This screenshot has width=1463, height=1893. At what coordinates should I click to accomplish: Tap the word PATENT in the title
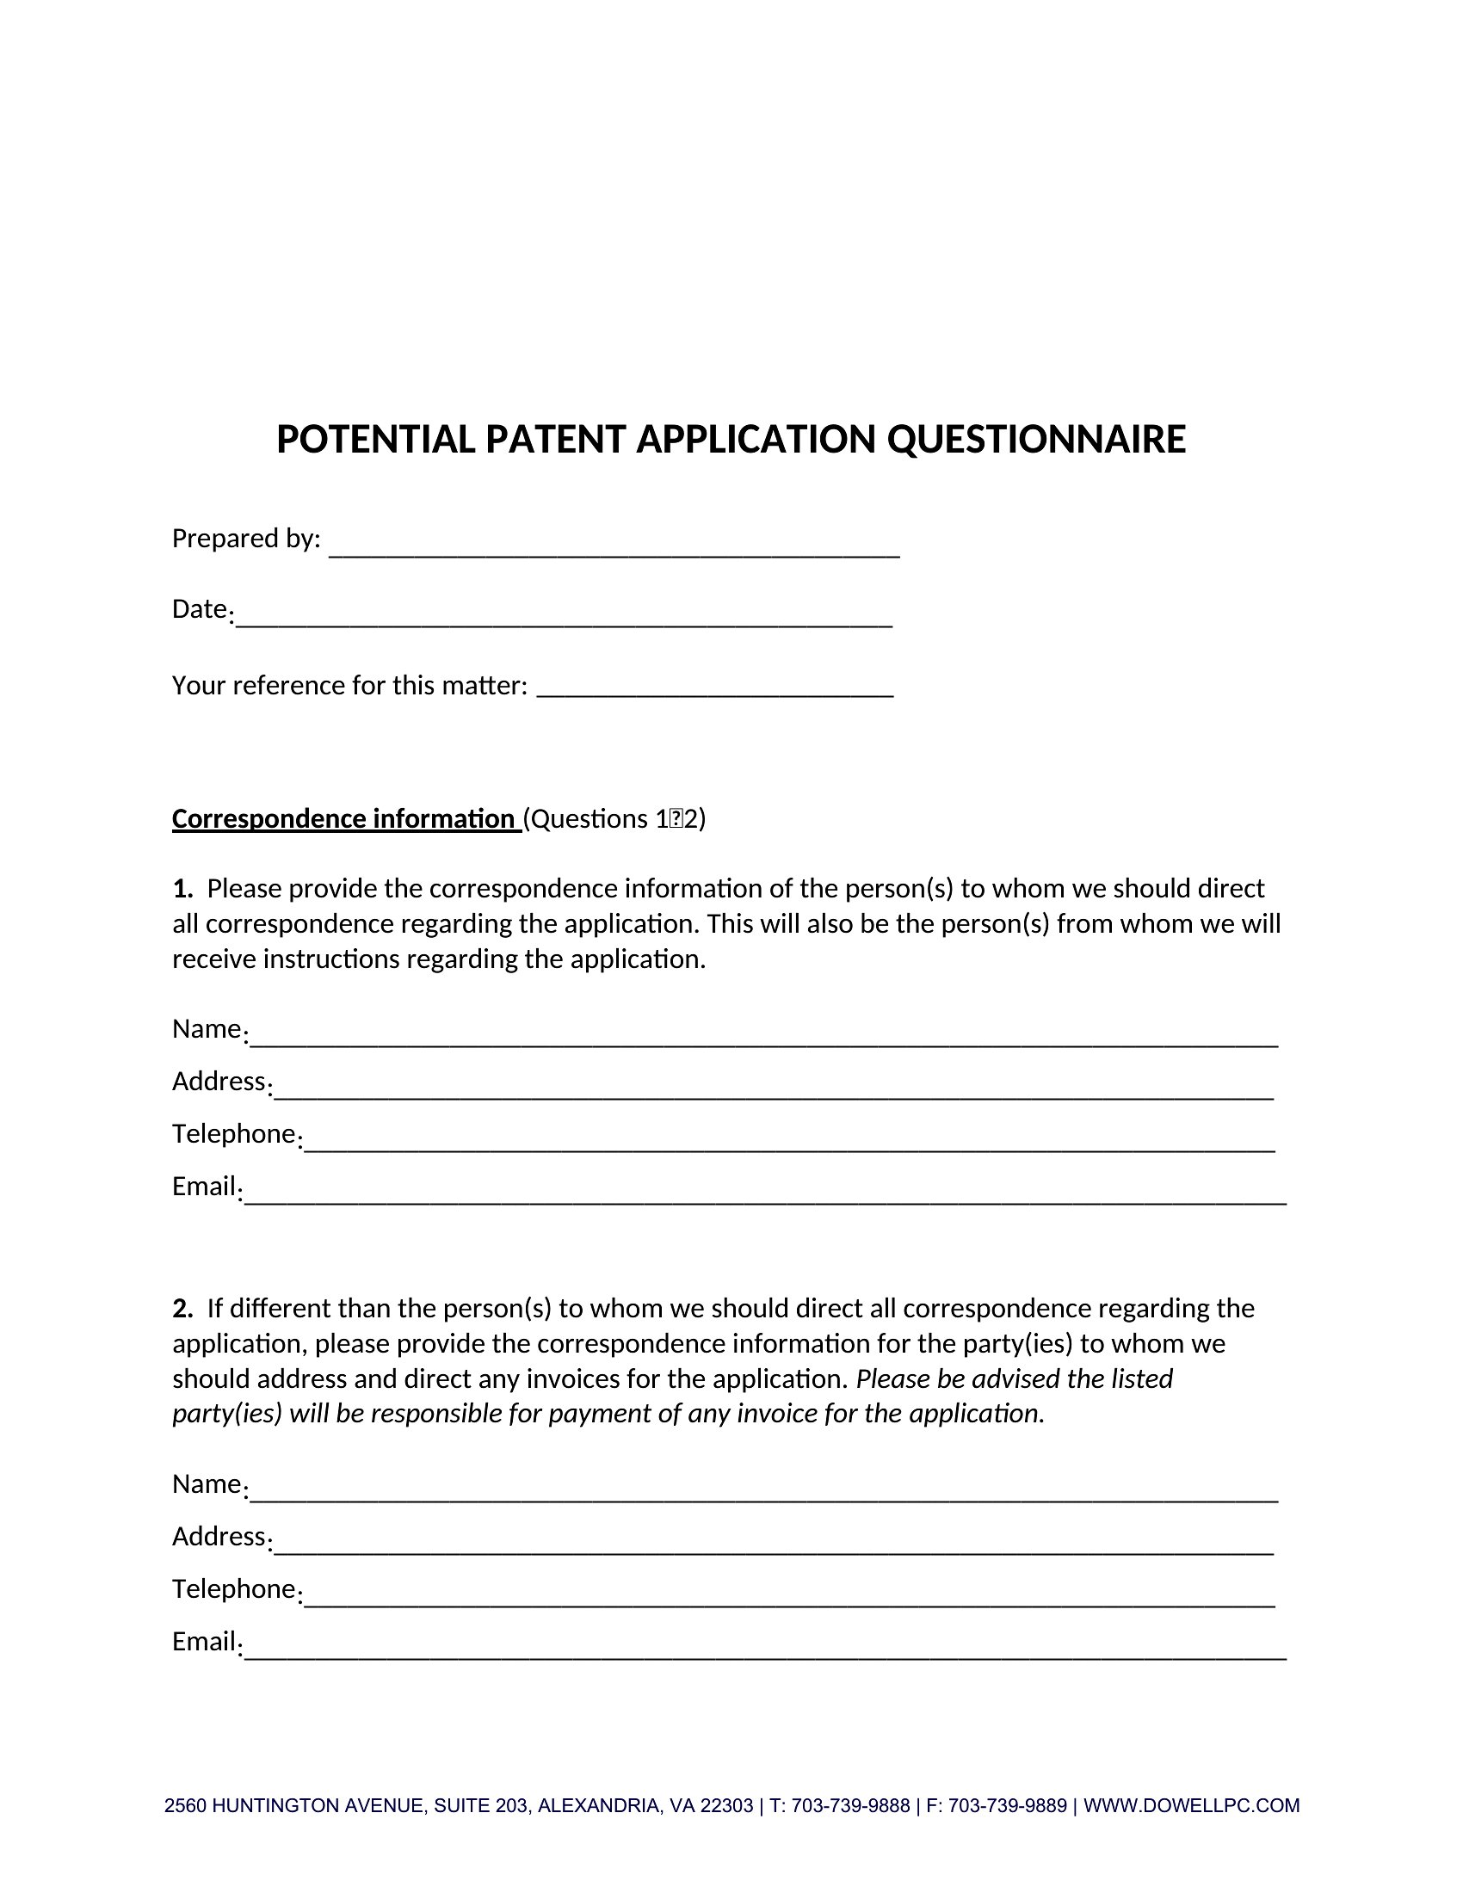click(555, 440)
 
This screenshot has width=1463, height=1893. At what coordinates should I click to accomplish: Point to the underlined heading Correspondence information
click(344, 818)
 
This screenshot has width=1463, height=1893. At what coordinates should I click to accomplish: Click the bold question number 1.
click(182, 889)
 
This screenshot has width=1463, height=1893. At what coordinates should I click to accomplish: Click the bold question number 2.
click(182, 1308)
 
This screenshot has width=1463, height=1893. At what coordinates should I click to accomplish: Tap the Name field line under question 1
click(762, 1039)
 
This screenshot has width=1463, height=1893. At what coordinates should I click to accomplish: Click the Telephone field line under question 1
click(788, 1144)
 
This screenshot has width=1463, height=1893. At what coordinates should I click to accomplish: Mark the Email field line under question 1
click(764, 1197)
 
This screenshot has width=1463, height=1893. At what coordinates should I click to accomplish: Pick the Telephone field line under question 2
click(788, 1600)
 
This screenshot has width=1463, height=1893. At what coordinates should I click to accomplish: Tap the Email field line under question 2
click(764, 1652)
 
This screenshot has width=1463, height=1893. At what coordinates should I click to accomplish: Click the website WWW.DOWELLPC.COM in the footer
click(1192, 1806)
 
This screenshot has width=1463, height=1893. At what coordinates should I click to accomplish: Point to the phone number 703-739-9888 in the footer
click(850, 1806)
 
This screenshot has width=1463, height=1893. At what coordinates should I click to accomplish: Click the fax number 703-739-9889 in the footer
click(1007, 1806)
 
